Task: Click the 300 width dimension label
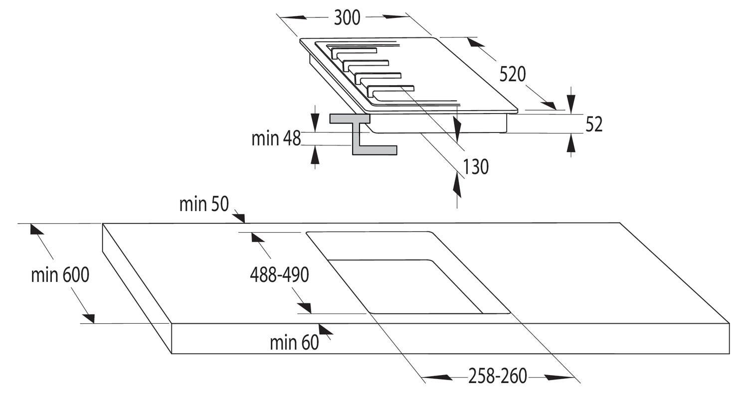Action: coord(347,17)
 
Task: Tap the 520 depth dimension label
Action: coord(513,74)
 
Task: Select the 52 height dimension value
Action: coord(594,125)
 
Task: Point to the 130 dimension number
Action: coord(476,167)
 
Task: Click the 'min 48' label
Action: coord(276,138)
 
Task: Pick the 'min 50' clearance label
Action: coord(204,204)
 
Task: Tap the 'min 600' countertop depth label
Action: coord(60,275)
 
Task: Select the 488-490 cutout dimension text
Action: coord(279,275)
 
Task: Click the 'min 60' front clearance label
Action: coord(294,343)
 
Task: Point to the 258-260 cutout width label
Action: coord(498,376)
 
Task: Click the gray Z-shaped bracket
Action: coord(364,134)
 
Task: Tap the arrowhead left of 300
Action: coord(293,17)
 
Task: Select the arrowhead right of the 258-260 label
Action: coord(560,378)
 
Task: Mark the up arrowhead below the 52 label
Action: coord(571,143)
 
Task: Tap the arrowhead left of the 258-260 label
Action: coord(437,378)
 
